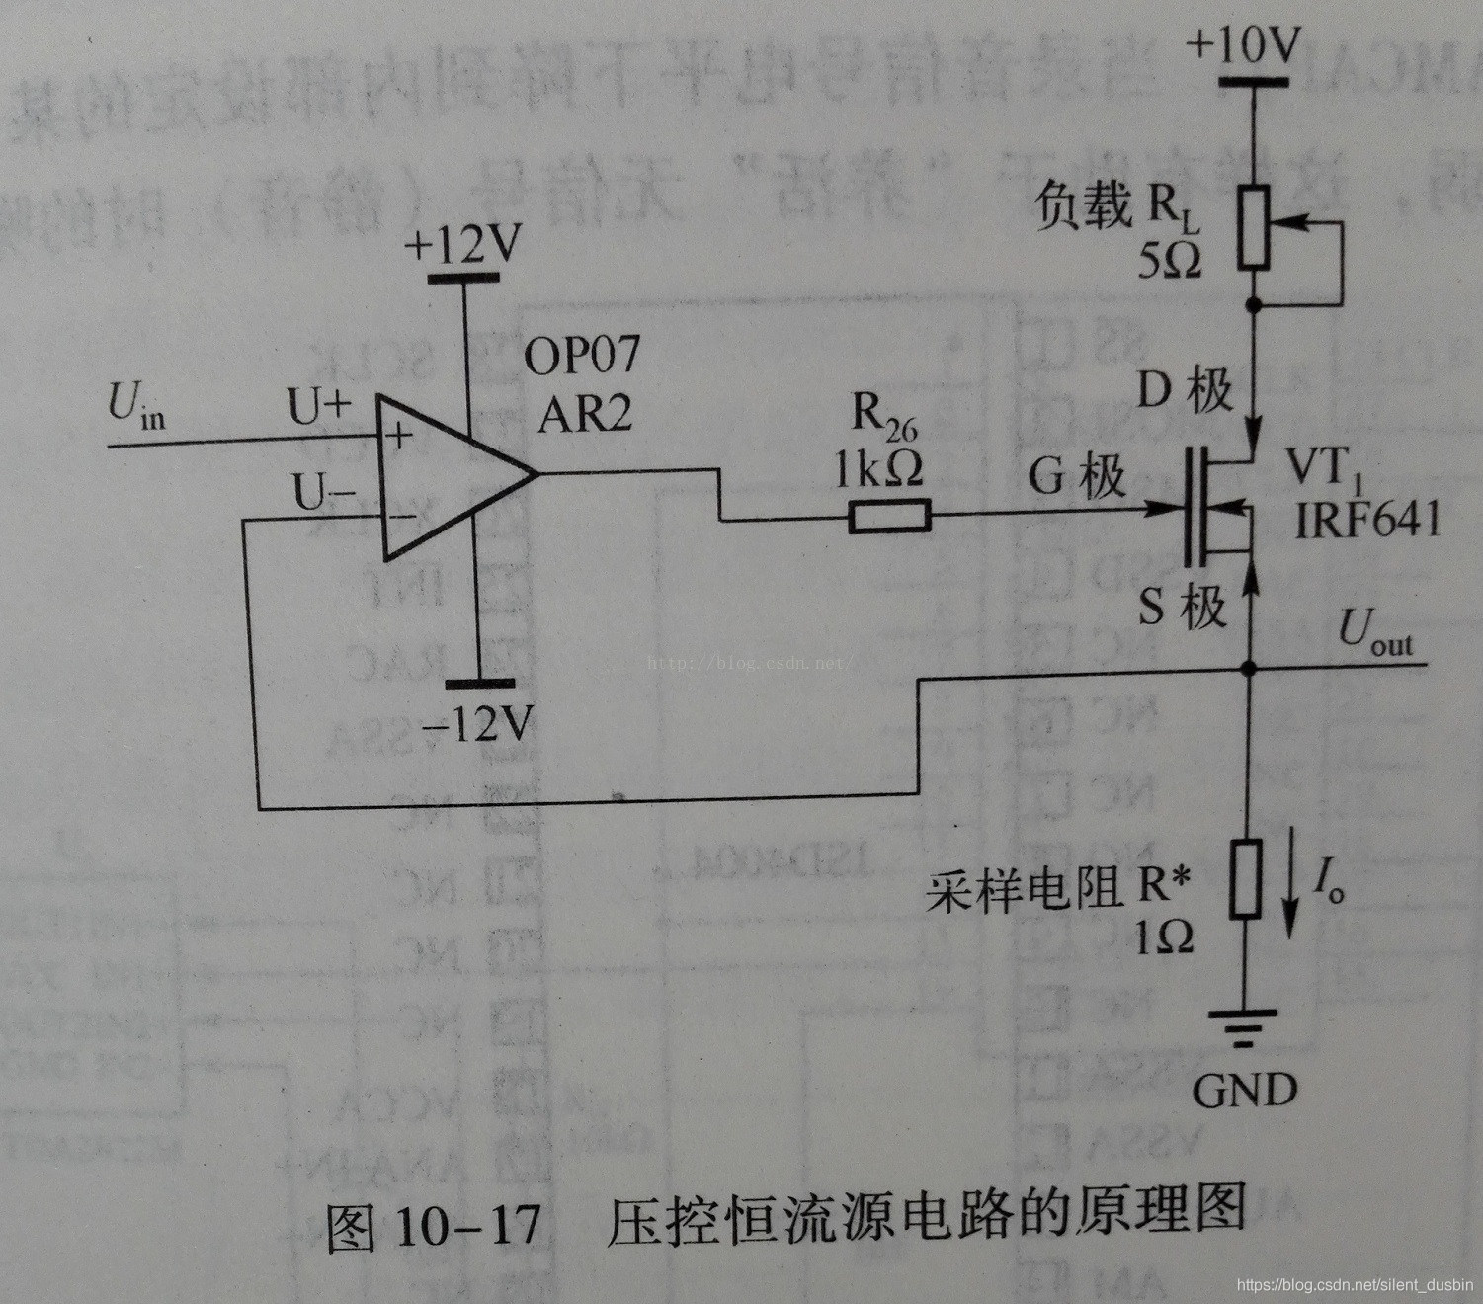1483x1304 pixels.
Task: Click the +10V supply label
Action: coord(1244,44)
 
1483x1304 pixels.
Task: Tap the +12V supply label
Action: coord(461,244)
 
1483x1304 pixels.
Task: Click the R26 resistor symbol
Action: coord(889,516)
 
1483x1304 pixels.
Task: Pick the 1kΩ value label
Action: coord(878,471)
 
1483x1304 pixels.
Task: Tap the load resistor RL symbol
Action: coord(1253,227)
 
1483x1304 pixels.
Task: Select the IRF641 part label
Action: coord(1367,518)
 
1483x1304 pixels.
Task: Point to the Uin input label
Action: coord(136,406)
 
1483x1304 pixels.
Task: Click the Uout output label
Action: coord(1375,632)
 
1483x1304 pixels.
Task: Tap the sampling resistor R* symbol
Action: coord(1247,878)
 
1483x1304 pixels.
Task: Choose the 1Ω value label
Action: coord(1163,936)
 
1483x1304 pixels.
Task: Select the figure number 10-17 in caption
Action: coord(467,1226)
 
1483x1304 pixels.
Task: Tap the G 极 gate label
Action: coord(1076,476)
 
